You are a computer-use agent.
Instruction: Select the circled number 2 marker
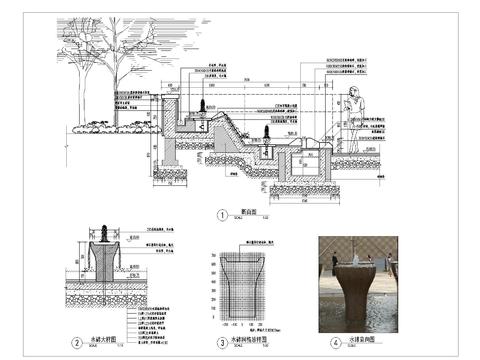tap(77, 343)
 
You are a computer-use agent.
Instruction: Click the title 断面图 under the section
tap(248, 213)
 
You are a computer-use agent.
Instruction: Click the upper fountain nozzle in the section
tap(204, 104)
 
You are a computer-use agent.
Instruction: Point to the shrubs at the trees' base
tap(110, 126)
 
